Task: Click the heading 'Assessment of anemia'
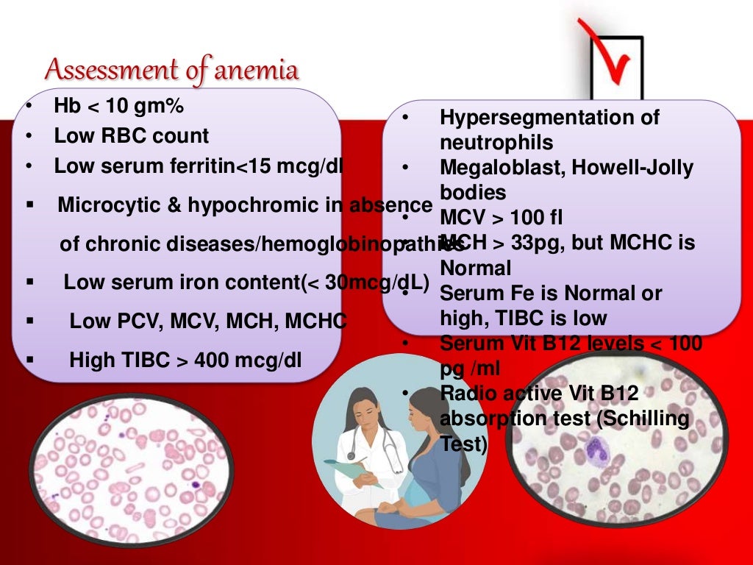(172, 71)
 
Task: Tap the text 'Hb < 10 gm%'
(118, 107)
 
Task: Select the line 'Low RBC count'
(131, 136)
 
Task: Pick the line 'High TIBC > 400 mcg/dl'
(185, 360)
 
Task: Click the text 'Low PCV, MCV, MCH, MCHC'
(207, 321)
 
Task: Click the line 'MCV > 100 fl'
(500, 218)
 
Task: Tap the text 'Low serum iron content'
(181, 282)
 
